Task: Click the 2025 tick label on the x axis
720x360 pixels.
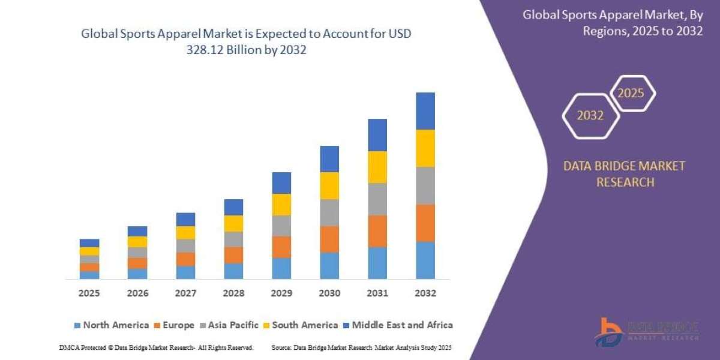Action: (x=89, y=293)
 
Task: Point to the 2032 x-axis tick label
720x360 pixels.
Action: (x=425, y=293)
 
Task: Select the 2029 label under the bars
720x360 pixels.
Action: (x=281, y=293)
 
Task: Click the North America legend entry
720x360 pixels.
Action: (x=111, y=325)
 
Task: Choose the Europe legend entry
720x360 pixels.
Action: (x=175, y=325)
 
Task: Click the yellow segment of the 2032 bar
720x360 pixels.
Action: (x=425, y=148)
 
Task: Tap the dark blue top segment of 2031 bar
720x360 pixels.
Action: (x=377, y=135)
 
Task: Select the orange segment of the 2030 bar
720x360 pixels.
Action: (x=329, y=239)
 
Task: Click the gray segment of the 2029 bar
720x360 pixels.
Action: (x=281, y=226)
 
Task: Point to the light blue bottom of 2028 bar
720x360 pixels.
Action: (x=233, y=271)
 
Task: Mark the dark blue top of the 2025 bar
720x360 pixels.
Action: (x=89, y=243)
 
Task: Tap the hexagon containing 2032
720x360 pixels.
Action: (x=590, y=116)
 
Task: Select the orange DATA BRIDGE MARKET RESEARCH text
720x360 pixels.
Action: (x=624, y=174)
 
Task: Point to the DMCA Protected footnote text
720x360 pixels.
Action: (x=156, y=347)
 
